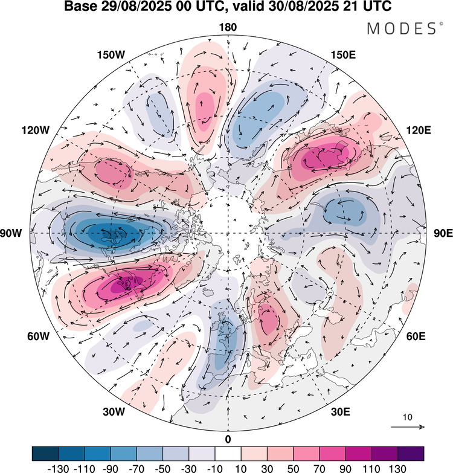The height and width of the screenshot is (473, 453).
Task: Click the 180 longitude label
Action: coord(228,28)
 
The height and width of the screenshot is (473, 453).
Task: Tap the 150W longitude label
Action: coord(111,55)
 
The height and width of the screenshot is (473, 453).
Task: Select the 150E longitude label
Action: coord(343,55)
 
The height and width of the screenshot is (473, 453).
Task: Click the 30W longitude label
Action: coord(113,412)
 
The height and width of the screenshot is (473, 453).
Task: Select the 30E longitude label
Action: coord(341,412)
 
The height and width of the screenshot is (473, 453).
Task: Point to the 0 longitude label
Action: coord(228,439)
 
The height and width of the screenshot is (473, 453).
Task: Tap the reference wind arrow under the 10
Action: coord(408,427)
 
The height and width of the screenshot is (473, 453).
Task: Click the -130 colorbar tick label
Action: coord(58,467)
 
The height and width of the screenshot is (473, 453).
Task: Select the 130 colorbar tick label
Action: coord(397,467)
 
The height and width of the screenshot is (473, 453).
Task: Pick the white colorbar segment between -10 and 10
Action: coord(228,454)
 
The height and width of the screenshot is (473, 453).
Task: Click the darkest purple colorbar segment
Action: coord(410,454)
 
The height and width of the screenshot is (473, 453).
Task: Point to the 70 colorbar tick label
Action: coord(319,467)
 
